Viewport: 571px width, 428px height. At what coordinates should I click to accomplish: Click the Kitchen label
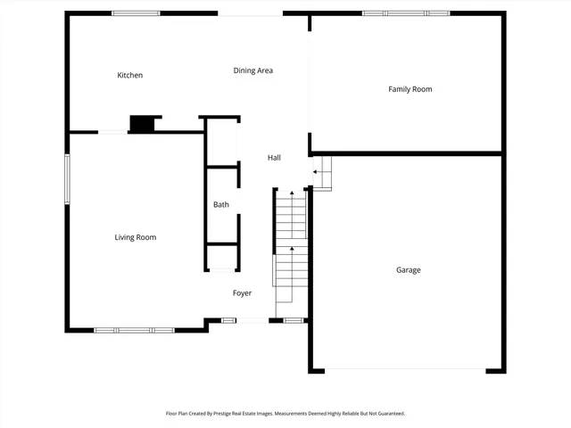(x=130, y=76)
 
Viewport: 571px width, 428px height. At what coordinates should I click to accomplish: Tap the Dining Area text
(x=253, y=70)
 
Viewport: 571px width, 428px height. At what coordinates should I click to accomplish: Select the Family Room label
(x=410, y=89)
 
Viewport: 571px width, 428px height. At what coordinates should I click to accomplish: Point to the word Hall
(x=275, y=158)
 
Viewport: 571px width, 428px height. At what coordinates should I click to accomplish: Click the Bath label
(x=221, y=205)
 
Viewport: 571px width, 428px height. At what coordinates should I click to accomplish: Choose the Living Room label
(x=136, y=237)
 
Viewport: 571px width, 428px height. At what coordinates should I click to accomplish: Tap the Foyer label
(x=243, y=293)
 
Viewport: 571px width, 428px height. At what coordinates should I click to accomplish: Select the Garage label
(x=409, y=270)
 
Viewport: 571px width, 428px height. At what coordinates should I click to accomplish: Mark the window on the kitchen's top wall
(x=136, y=13)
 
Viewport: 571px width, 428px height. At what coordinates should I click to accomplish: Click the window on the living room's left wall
(x=67, y=179)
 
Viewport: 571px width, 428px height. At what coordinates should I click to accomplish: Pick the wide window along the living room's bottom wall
(x=135, y=330)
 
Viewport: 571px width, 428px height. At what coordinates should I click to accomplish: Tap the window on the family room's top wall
(x=406, y=13)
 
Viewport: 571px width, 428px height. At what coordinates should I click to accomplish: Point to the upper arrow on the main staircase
(x=291, y=194)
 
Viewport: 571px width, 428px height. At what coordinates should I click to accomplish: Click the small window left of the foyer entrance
(x=229, y=320)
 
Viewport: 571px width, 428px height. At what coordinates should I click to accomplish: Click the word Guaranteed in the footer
(x=386, y=414)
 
